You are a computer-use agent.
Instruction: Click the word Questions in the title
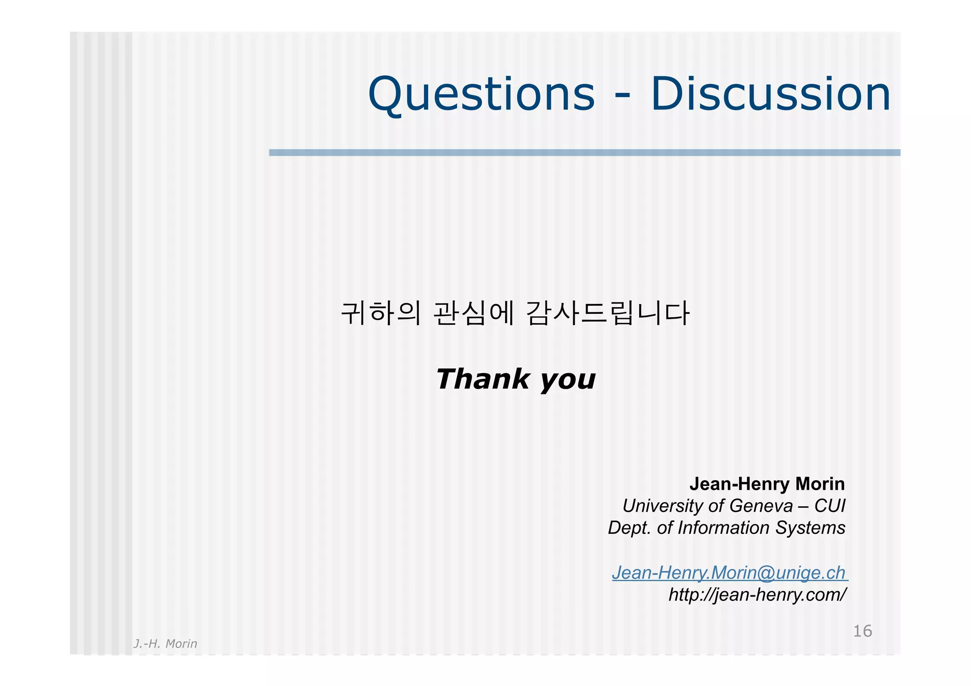(x=481, y=95)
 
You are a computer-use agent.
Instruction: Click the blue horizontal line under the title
(x=584, y=153)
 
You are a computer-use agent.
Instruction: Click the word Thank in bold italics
(x=482, y=379)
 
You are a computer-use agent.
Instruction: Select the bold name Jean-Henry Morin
(x=767, y=484)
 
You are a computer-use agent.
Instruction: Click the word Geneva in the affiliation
(x=761, y=506)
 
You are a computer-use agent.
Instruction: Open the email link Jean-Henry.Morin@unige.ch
(x=729, y=573)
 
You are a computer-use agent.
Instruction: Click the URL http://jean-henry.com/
(x=757, y=595)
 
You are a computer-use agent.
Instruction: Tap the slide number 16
(x=862, y=631)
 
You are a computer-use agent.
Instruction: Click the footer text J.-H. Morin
(x=165, y=644)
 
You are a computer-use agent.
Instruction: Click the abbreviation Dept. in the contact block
(x=630, y=528)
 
